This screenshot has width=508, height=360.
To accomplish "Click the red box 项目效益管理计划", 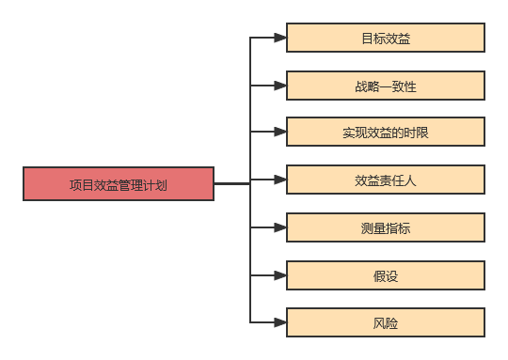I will point(119,184).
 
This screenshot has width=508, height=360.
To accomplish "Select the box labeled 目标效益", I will point(385,39).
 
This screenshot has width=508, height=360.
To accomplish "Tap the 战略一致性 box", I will point(385,86).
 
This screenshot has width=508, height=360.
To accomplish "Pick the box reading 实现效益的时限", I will point(385,133).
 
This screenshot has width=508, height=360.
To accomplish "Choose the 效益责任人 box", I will point(385,180).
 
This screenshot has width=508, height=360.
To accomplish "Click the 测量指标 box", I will point(385,227).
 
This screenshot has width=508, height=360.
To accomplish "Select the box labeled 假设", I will point(385,275).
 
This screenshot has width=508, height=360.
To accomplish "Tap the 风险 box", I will point(385,322).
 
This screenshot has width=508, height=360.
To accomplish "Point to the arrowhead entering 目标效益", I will point(279,39).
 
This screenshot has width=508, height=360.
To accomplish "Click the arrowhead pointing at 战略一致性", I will point(279,86).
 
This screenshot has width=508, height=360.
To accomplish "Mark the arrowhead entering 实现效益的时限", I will point(279,133).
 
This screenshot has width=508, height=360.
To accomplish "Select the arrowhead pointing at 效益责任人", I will point(279,180).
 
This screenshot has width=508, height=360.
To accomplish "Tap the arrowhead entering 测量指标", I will point(279,227).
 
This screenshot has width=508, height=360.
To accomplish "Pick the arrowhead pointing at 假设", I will point(279,275).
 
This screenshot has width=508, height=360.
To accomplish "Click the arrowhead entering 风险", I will point(279,322).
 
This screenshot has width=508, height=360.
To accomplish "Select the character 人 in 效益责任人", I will point(410,180).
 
